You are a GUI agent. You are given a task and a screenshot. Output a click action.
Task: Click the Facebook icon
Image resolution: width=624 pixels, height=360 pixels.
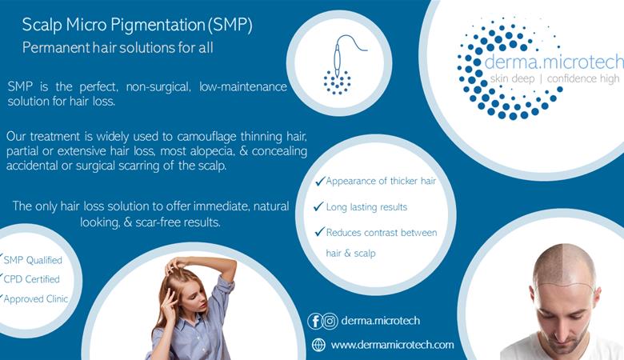(x=314, y=321)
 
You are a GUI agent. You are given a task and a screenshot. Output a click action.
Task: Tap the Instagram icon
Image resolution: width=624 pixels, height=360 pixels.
(x=330, y=321)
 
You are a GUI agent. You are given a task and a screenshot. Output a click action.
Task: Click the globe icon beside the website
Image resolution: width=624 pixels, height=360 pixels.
(x=318, y=345)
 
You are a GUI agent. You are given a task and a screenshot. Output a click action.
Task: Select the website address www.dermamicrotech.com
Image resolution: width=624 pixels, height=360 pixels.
(x=392, y=345)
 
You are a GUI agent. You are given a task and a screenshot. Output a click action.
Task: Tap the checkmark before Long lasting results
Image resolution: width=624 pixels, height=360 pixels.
(x=318, y=206)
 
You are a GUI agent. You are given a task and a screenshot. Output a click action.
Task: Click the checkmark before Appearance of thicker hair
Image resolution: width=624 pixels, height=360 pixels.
(x=320, y=181)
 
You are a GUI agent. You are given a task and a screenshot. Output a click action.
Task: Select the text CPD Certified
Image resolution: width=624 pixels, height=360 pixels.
(x=31, y=279)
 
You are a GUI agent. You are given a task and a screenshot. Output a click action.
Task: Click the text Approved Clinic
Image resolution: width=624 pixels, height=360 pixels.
(x=36, y=298)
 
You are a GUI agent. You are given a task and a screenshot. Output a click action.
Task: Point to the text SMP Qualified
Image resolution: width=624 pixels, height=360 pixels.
(x=33, y=260)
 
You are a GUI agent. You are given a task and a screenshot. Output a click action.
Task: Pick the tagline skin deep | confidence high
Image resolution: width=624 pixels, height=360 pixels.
(x=554, y=78)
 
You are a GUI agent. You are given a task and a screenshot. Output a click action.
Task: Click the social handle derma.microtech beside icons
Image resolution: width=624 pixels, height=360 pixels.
(x=381, y=321)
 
